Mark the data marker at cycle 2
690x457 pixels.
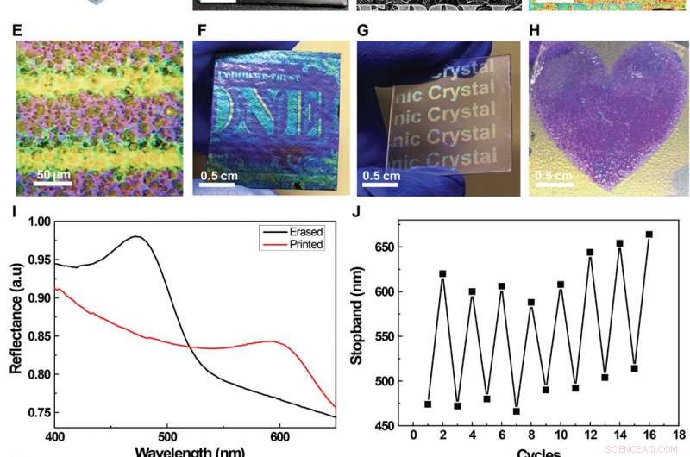tap(442, 273)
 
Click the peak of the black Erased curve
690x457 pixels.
tap(136, 236)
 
